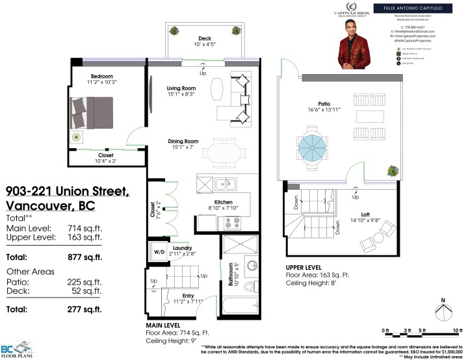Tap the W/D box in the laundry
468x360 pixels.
pos(159,251)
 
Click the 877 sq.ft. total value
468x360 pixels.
pos(86,257)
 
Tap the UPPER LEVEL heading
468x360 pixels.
pos(304,267)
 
